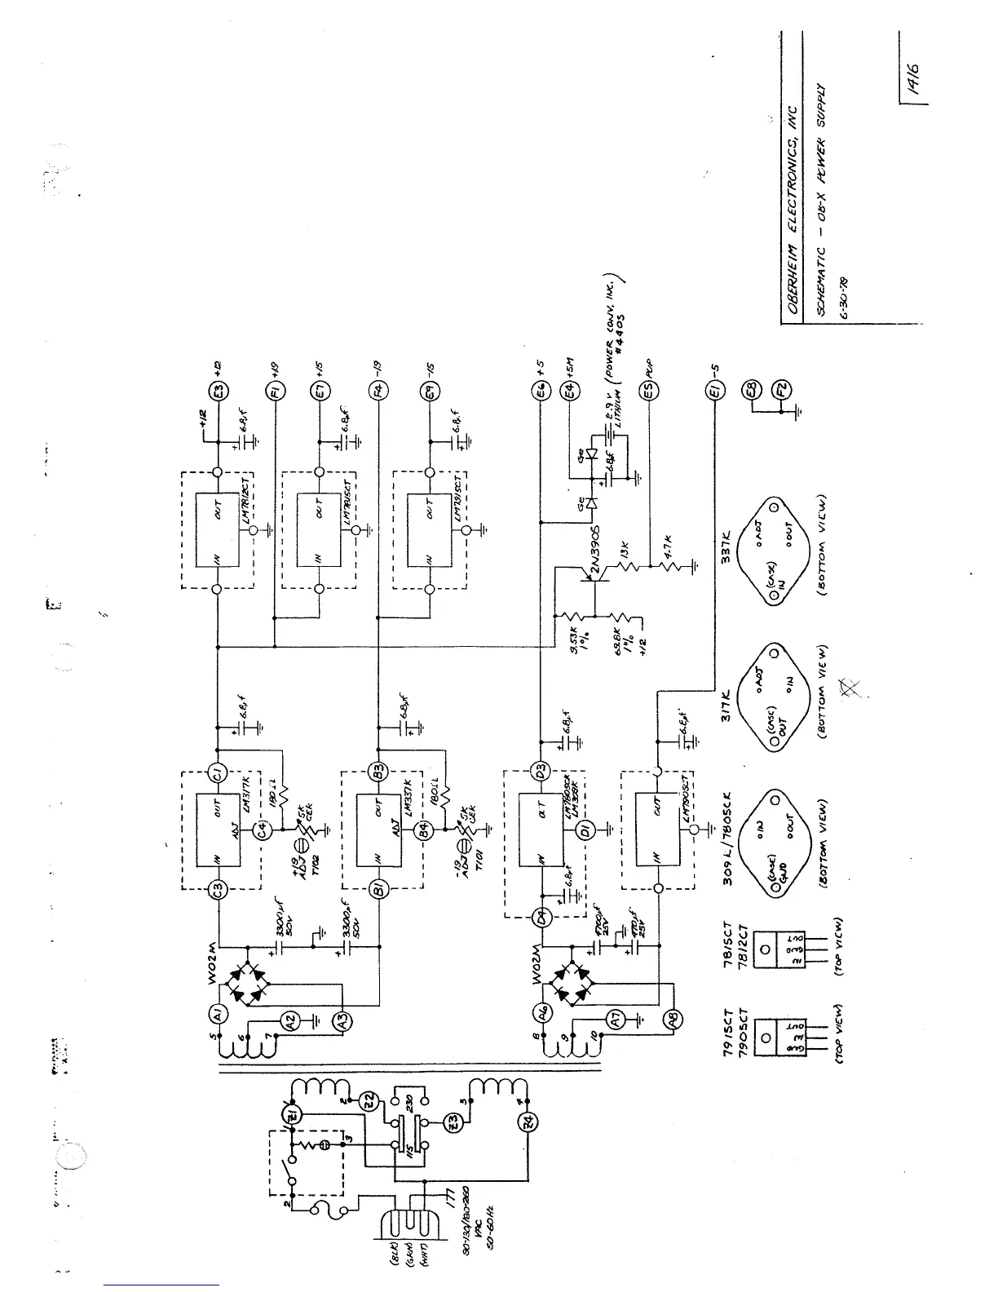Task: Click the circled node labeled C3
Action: tap(218, 889)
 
